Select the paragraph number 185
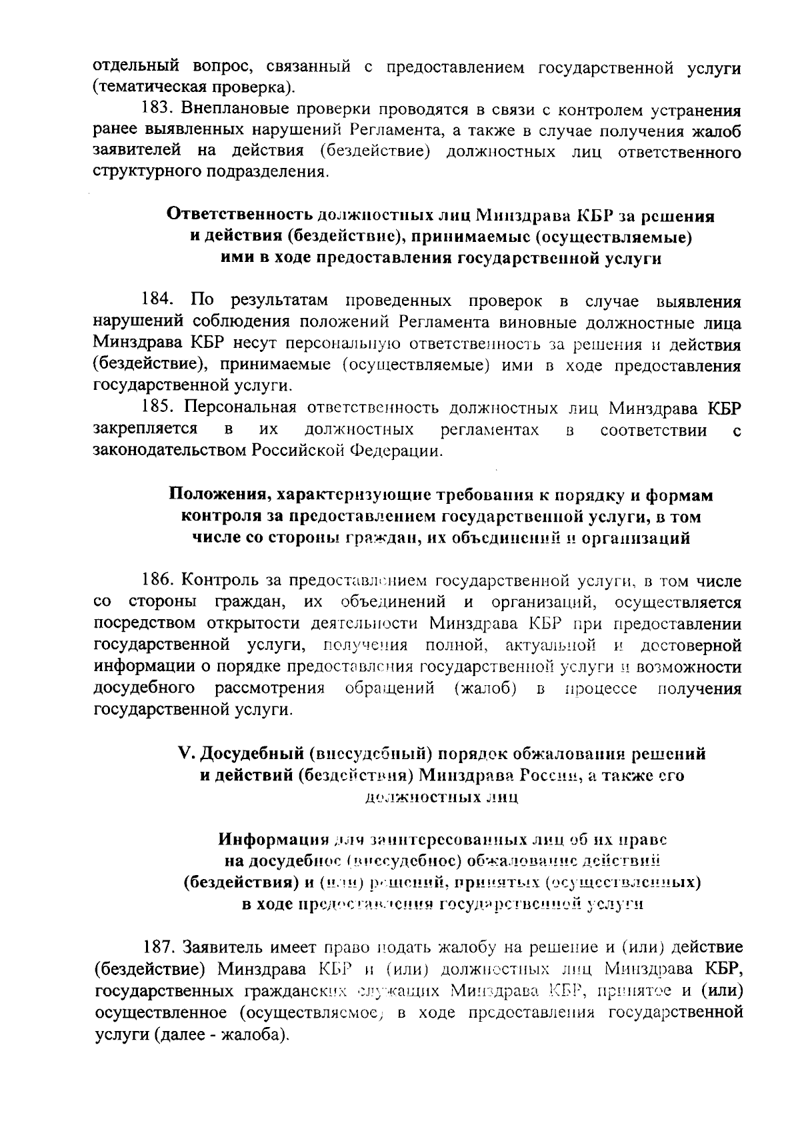pyautogui.click(x=157, y=409)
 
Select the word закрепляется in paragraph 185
pyautogui.click(x=145, y=429)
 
